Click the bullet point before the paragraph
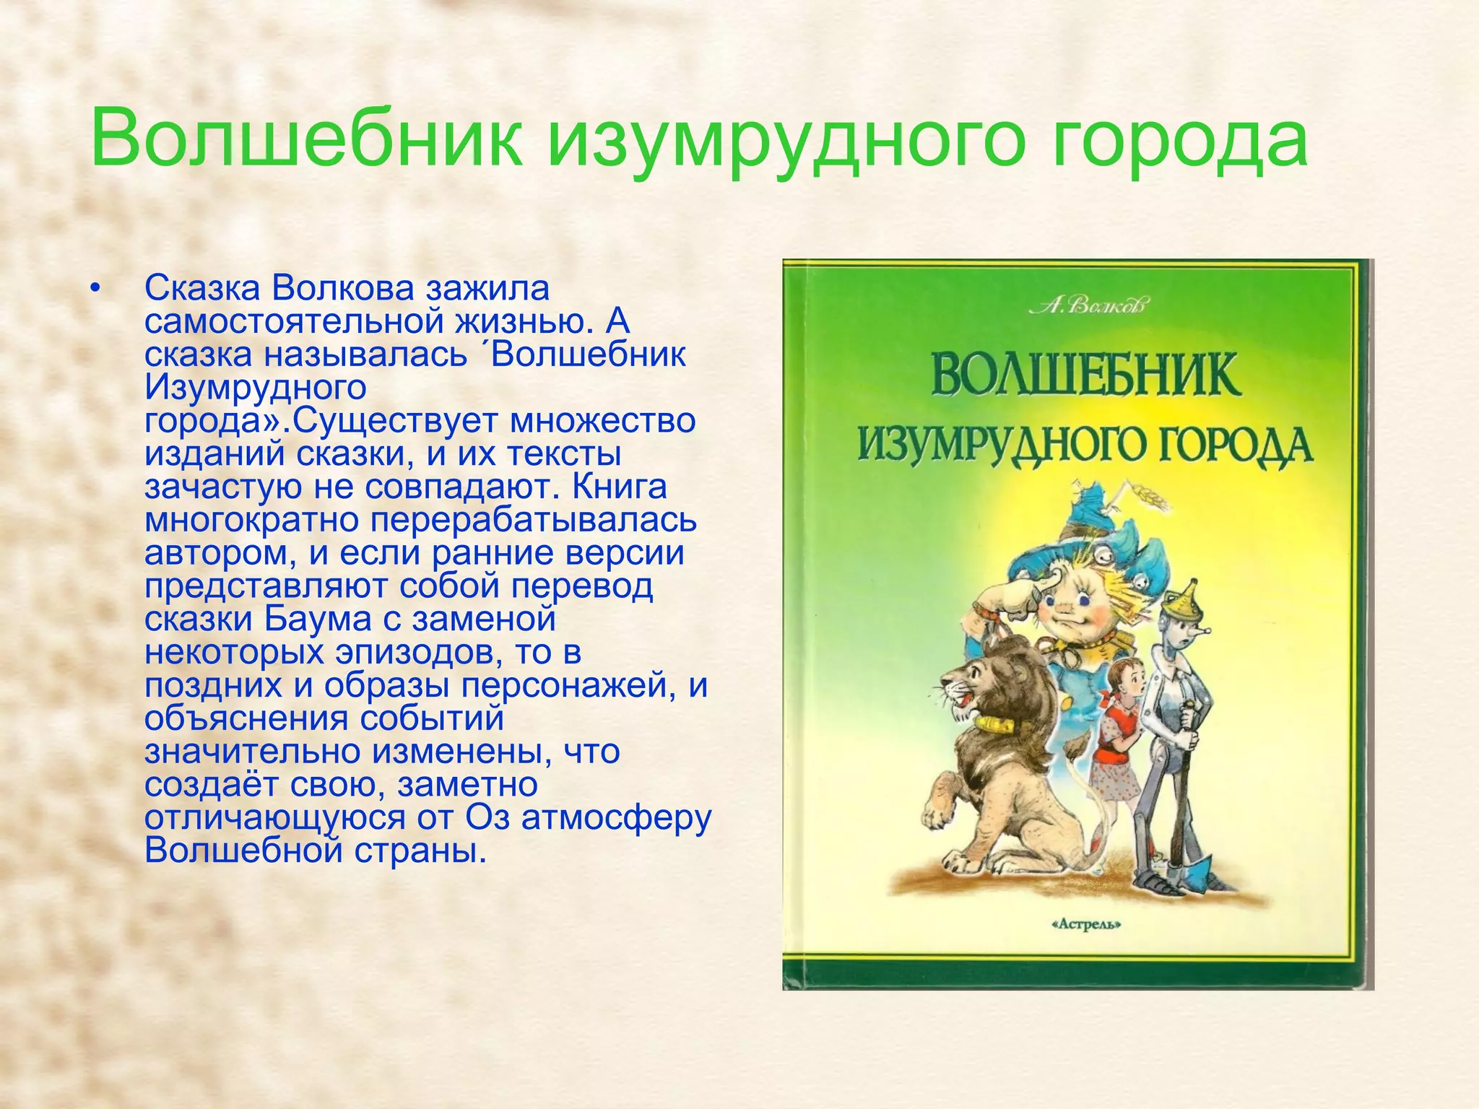pos(94,290)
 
